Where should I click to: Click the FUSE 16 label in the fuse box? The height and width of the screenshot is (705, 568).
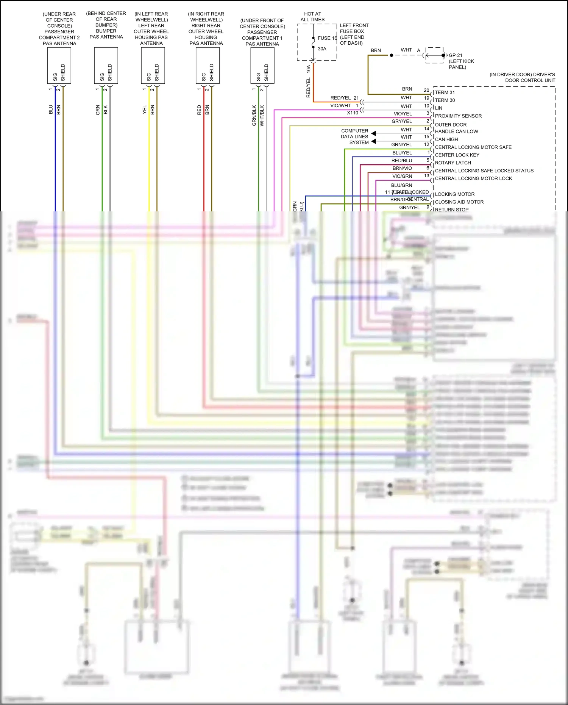(x=327, y=38)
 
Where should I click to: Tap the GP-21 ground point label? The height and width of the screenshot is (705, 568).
(x=455, y=55)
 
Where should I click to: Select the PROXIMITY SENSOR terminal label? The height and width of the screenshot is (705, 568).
(x=458, y=116)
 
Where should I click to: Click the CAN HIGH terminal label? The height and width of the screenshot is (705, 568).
(x=446, y=139)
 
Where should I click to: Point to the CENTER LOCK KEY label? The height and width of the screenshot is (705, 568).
(x=457, y=155)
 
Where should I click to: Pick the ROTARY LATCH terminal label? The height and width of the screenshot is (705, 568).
(x=453, y=163)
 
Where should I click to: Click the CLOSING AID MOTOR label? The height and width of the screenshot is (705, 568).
(x=459, y=202)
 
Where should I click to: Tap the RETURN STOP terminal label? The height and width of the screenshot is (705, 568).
(x=451, y=209)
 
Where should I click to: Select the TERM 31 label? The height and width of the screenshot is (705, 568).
(x=445, y=92)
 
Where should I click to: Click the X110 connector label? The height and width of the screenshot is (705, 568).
(x=352, y=113)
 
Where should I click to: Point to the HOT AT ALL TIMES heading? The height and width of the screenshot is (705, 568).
(x=312, y=17)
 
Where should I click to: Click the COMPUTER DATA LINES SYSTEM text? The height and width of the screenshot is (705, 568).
(x=354, y=137)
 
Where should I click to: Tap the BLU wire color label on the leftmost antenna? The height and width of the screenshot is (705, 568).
(x=51, y=110)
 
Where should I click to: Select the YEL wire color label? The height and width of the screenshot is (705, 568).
(x=144, y=110)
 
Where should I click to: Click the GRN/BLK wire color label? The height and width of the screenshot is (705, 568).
(x=254, y=115)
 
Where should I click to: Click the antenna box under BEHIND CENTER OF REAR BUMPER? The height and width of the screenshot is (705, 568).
(x=106, y=65)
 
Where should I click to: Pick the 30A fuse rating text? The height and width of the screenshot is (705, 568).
(x=322, y=49)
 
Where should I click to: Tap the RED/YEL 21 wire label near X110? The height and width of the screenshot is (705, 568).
(x=344, y=98)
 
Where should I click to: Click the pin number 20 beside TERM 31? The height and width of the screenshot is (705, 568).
(x=426, y=90)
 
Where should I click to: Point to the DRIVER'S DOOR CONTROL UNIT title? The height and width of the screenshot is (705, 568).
(x=523, y=77)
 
